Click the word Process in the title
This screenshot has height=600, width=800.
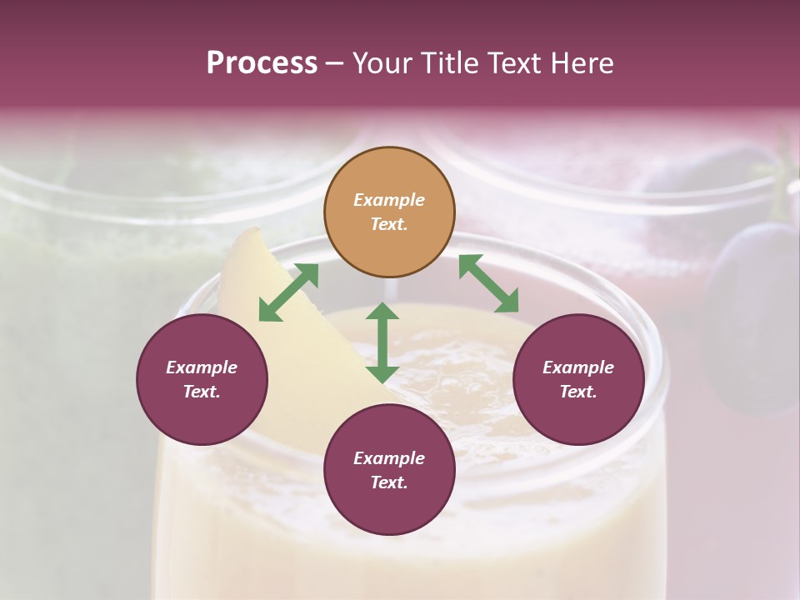[x=262, y=63]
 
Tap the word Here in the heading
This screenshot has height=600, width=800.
[x=580, y=63]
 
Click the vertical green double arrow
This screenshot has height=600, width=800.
[x=382, y=342]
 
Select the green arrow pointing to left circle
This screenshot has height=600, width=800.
[x=288, y=292]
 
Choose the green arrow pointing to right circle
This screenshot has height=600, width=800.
[x=488, y=284]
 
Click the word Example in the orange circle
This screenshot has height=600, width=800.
[x=389, y=200]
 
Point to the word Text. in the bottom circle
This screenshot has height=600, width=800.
[x=389, y=482]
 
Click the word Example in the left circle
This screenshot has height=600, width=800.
[x=202, y=367]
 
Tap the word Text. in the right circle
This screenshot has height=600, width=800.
[x=578, y=392]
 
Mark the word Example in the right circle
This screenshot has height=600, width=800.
[x=578, y=367]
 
